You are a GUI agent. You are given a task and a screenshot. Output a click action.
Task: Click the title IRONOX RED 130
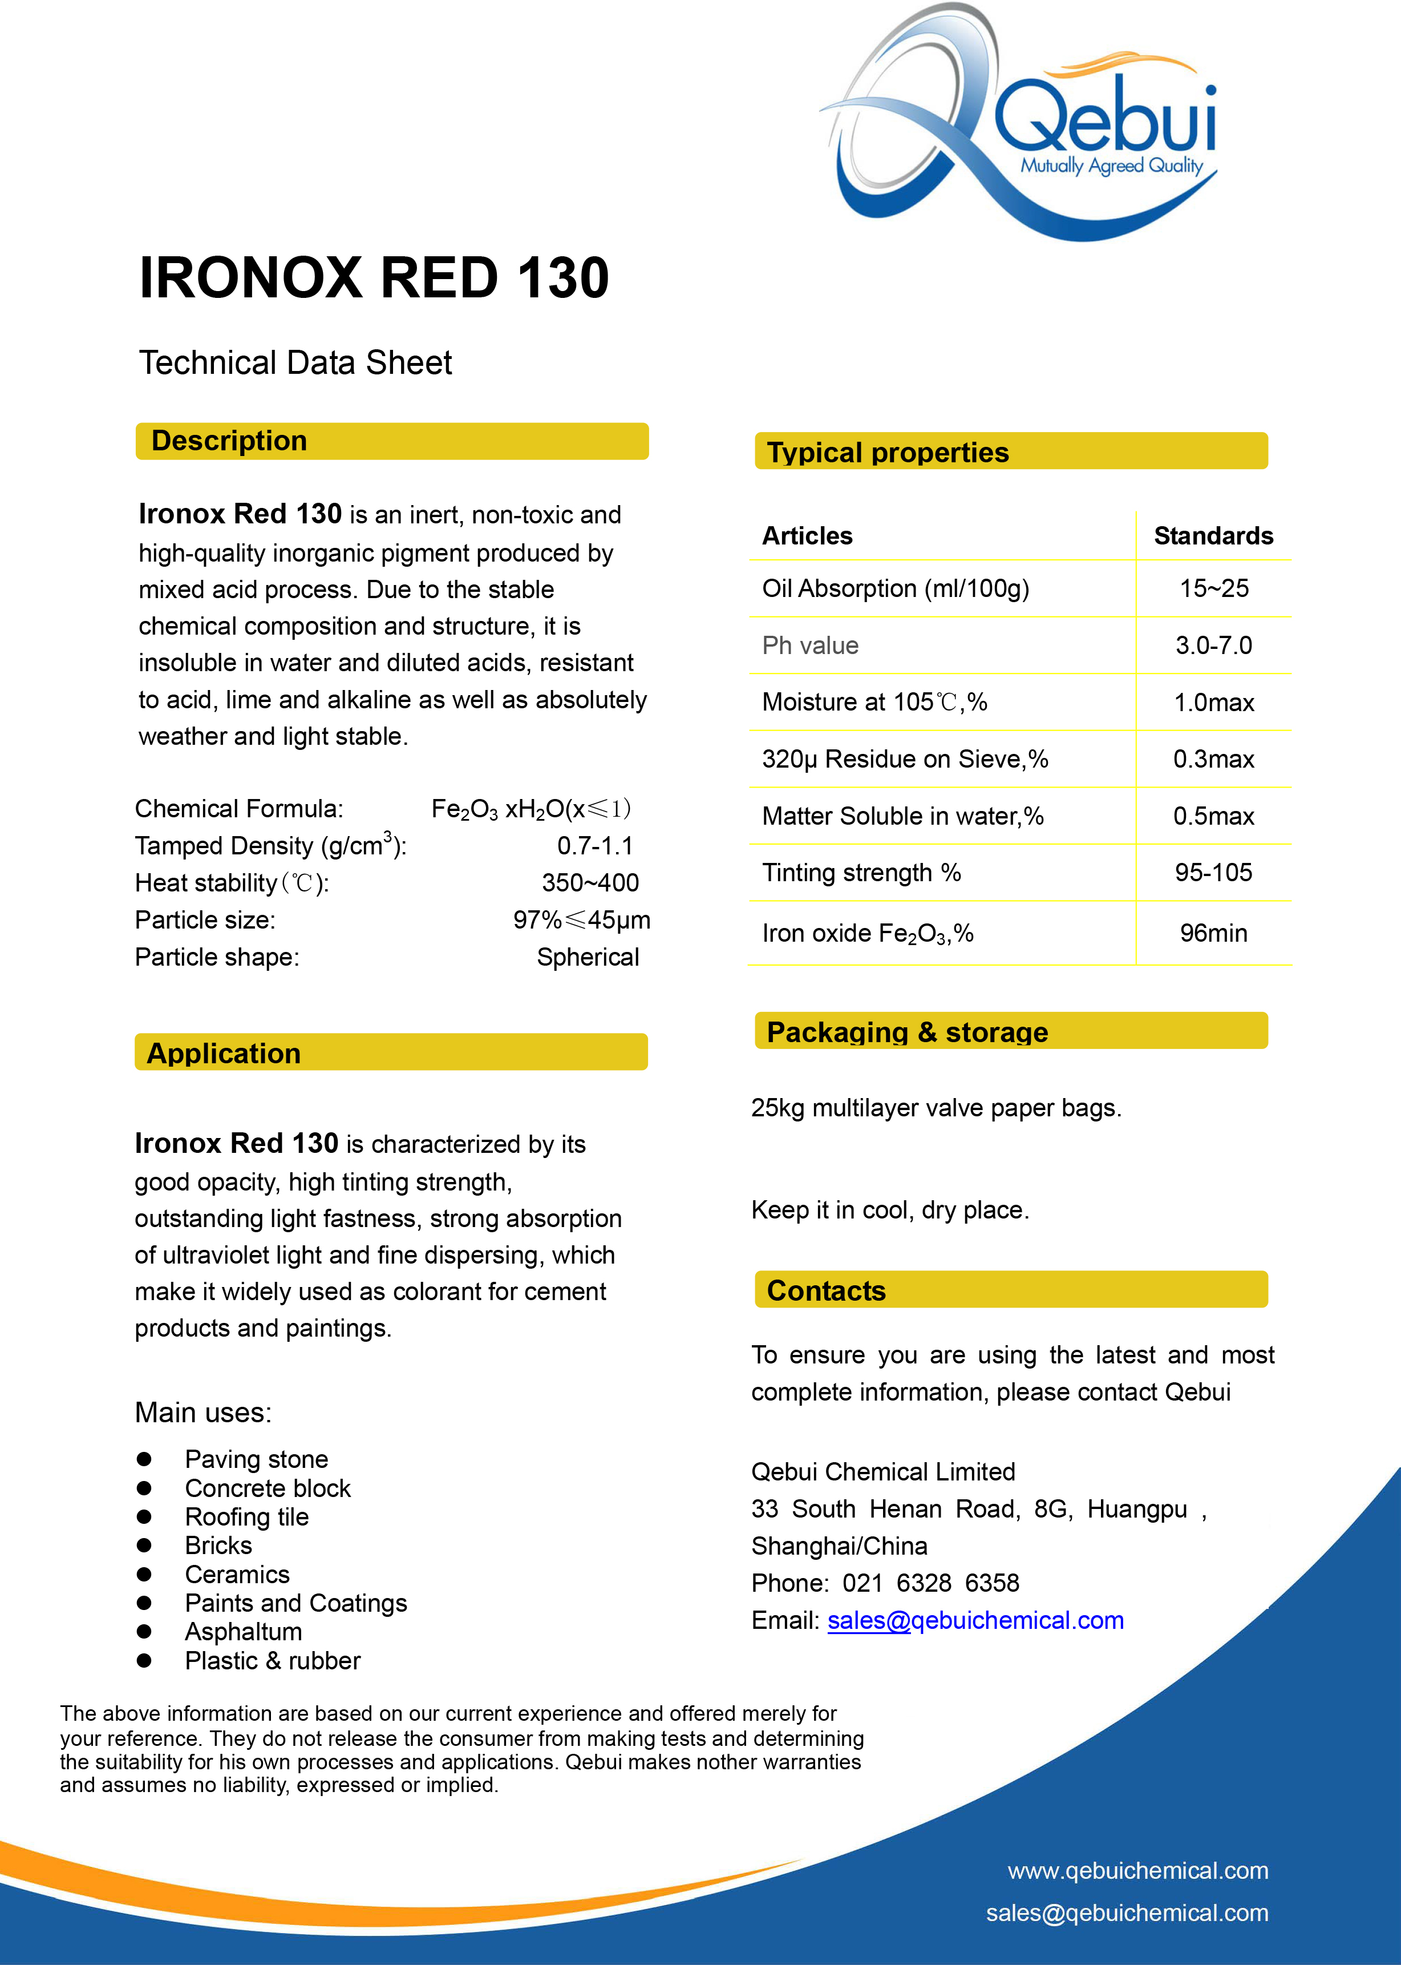click(374, 278)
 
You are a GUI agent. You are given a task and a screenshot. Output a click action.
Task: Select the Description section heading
click(229, 441)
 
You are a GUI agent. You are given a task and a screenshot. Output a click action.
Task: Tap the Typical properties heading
click(888, 452)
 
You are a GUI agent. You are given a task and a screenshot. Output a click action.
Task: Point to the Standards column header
click(1213, 536)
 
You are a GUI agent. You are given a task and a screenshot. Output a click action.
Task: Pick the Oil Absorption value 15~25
click(1213, 588)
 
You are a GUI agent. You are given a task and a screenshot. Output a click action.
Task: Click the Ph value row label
click(810, 645)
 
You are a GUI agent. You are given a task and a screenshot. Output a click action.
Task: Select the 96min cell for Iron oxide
click(1213, 933)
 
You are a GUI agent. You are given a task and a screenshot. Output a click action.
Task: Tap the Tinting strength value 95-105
click(1213, 873)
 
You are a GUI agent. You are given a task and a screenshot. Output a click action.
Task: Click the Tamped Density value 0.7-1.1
click(594, 846)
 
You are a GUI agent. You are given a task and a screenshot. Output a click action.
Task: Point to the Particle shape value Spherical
click(588, 957)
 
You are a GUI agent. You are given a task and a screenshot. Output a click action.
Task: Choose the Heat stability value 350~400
click(590, 883)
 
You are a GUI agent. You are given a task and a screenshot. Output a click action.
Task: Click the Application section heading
click(224, 1054)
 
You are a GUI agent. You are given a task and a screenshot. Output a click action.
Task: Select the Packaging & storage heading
click(906, 1032)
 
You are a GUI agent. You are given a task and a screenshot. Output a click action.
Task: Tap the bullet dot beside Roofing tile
click(144, 1516)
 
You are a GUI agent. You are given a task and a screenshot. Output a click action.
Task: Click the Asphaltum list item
click(243, 1632)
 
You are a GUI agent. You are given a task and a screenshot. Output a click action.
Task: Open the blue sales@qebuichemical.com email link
click(975, 1621)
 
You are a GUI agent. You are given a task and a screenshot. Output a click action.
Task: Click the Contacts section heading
click(825, 1291)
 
